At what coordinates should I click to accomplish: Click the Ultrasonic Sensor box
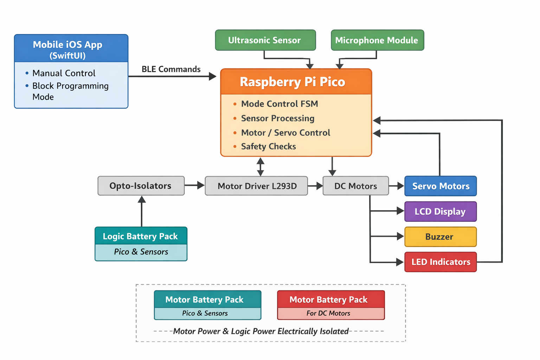265,40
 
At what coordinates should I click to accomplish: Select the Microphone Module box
377,40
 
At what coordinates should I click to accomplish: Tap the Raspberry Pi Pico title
292,82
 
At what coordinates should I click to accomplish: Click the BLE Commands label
171,69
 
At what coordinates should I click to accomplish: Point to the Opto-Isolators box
141,186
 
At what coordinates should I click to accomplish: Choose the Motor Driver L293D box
257,186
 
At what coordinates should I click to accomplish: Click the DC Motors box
355,186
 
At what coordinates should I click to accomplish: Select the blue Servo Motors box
441,186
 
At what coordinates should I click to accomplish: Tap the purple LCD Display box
441,212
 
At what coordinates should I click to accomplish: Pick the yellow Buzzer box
441,237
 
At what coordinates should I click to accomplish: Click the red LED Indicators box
441,262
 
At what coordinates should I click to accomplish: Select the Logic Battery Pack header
141,236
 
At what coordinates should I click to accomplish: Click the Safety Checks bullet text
268,147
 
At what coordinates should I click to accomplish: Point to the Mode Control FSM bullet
279,104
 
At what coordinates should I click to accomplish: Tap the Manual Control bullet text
64,73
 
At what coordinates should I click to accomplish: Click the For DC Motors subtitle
328,313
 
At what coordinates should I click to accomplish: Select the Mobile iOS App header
68,49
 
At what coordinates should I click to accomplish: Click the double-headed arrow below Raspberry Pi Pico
261,167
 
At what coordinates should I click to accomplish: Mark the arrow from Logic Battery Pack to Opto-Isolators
142,211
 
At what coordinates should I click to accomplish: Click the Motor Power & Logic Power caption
261,331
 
